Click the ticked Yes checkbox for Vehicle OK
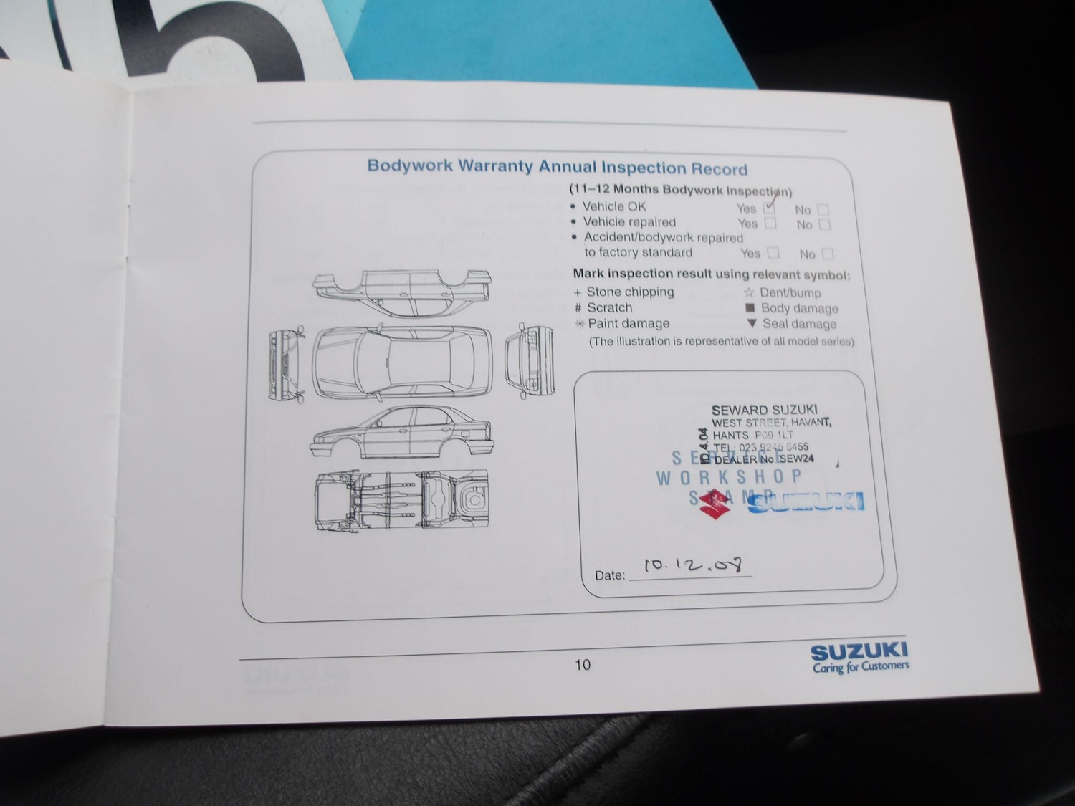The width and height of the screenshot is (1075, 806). point(769,208)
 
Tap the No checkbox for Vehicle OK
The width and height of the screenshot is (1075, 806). point(823,210)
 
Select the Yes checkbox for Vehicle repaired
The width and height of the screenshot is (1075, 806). point(770,223)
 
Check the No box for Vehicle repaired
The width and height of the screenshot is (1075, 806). point(824,224)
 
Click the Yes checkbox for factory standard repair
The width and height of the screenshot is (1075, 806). point(773,253)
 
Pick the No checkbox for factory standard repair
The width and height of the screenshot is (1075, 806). point(828,254)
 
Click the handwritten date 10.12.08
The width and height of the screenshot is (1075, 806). point(692,565)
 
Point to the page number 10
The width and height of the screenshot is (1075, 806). point(583,665)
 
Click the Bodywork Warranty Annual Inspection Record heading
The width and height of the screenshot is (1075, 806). point(557,167)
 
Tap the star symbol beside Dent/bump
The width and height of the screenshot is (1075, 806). point(749,292)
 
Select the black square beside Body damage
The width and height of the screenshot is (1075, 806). point(750,308)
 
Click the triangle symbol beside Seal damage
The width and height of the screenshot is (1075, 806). point(751,323)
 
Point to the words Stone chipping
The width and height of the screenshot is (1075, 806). point(630,292)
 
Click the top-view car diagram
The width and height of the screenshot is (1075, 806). point(402,363)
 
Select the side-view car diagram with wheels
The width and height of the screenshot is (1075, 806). point(402,433)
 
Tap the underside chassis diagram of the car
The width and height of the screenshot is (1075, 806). point(402,499)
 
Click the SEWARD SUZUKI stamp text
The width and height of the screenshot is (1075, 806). point(764,410)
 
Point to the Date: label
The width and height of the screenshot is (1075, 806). point(609,575)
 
